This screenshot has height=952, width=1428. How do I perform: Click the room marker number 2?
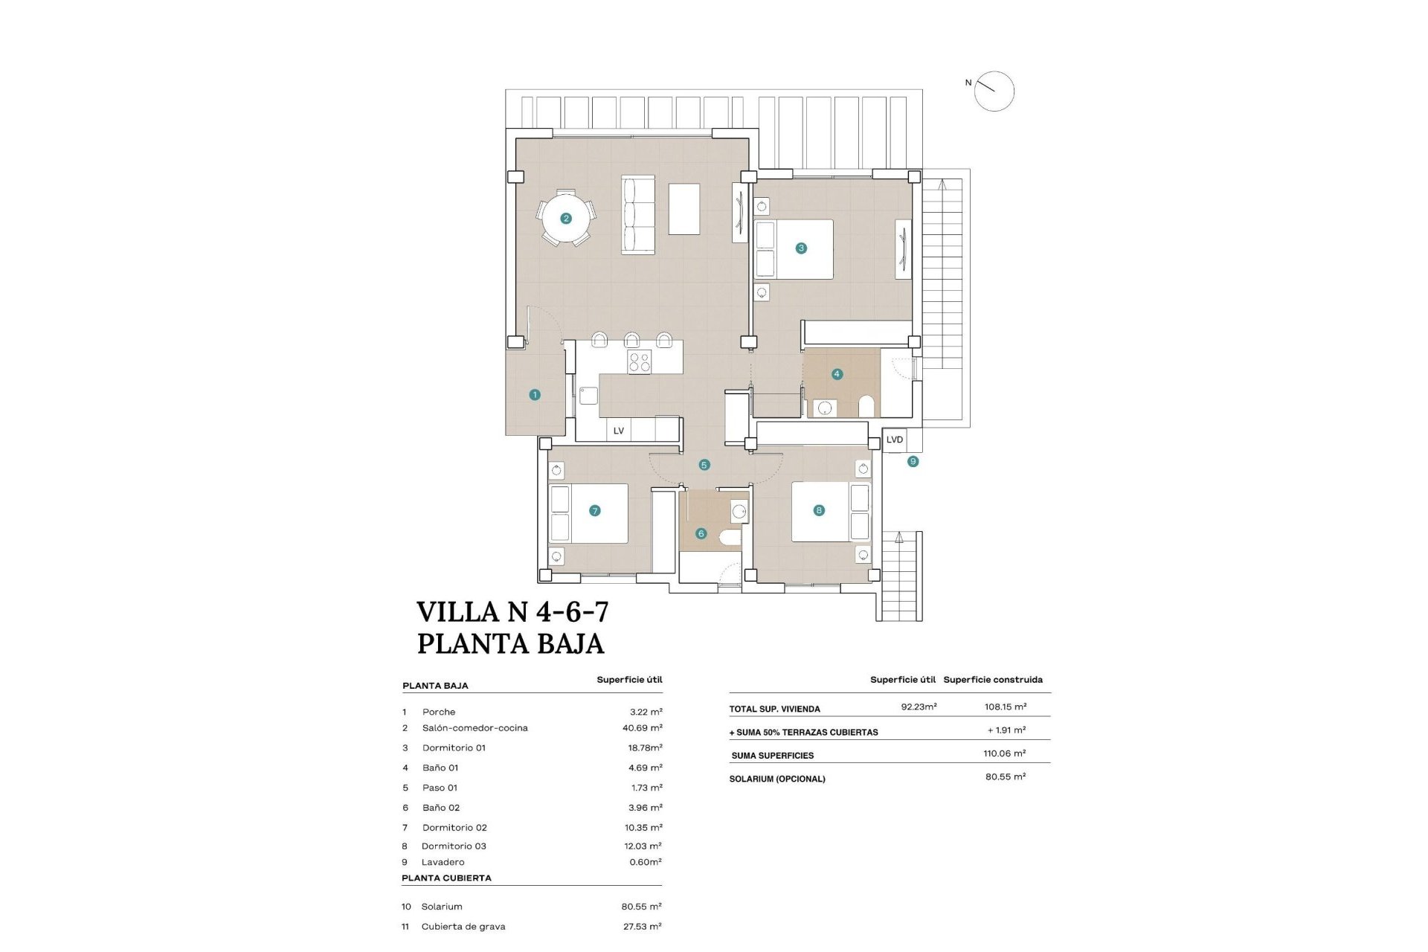[566, 219]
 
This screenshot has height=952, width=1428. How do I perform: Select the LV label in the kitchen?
[618, 431]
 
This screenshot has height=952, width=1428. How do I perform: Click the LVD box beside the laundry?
[895, 440]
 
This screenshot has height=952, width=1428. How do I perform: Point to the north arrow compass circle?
[994, 91]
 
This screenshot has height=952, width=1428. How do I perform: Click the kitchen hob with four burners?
[640, 362]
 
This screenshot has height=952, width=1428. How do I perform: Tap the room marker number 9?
[913, 462]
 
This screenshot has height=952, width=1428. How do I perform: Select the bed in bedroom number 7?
[588, 513]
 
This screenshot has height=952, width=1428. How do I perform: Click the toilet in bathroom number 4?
[866, 406]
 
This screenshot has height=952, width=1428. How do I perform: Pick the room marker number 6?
[701, 533]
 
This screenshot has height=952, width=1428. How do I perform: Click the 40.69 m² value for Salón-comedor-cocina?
[642, 728]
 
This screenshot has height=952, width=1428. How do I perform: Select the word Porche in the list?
[439, 712]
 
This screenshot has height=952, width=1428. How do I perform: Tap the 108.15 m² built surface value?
[1006, 707]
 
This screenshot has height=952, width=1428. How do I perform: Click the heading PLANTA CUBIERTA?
[446, 878]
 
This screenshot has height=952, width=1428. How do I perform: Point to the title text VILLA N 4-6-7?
[512, 612]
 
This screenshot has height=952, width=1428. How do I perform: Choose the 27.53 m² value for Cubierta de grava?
[642, 926]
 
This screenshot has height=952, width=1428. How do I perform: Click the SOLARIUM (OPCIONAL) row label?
[777, 779]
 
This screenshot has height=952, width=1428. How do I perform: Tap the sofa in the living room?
[638, 216]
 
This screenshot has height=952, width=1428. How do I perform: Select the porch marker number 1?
[535, 395]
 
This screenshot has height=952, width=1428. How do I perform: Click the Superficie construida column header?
[993, 679]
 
